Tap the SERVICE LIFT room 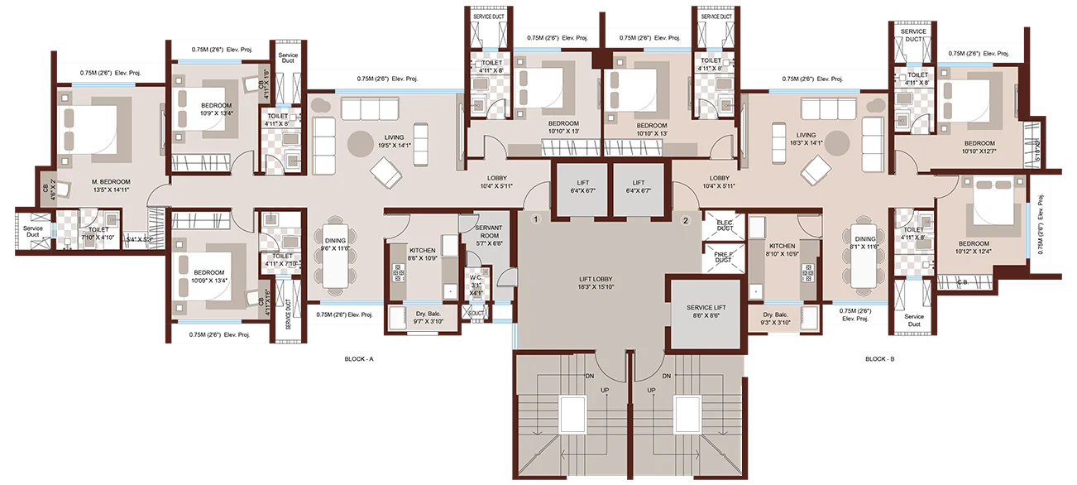706,311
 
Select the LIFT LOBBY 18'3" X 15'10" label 595,283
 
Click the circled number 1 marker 536,220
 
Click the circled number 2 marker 685,220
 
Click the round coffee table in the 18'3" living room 835,142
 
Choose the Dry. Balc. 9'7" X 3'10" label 422,318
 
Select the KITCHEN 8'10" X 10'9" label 782,250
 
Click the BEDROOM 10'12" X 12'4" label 973,248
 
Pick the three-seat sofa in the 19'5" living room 366,108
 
